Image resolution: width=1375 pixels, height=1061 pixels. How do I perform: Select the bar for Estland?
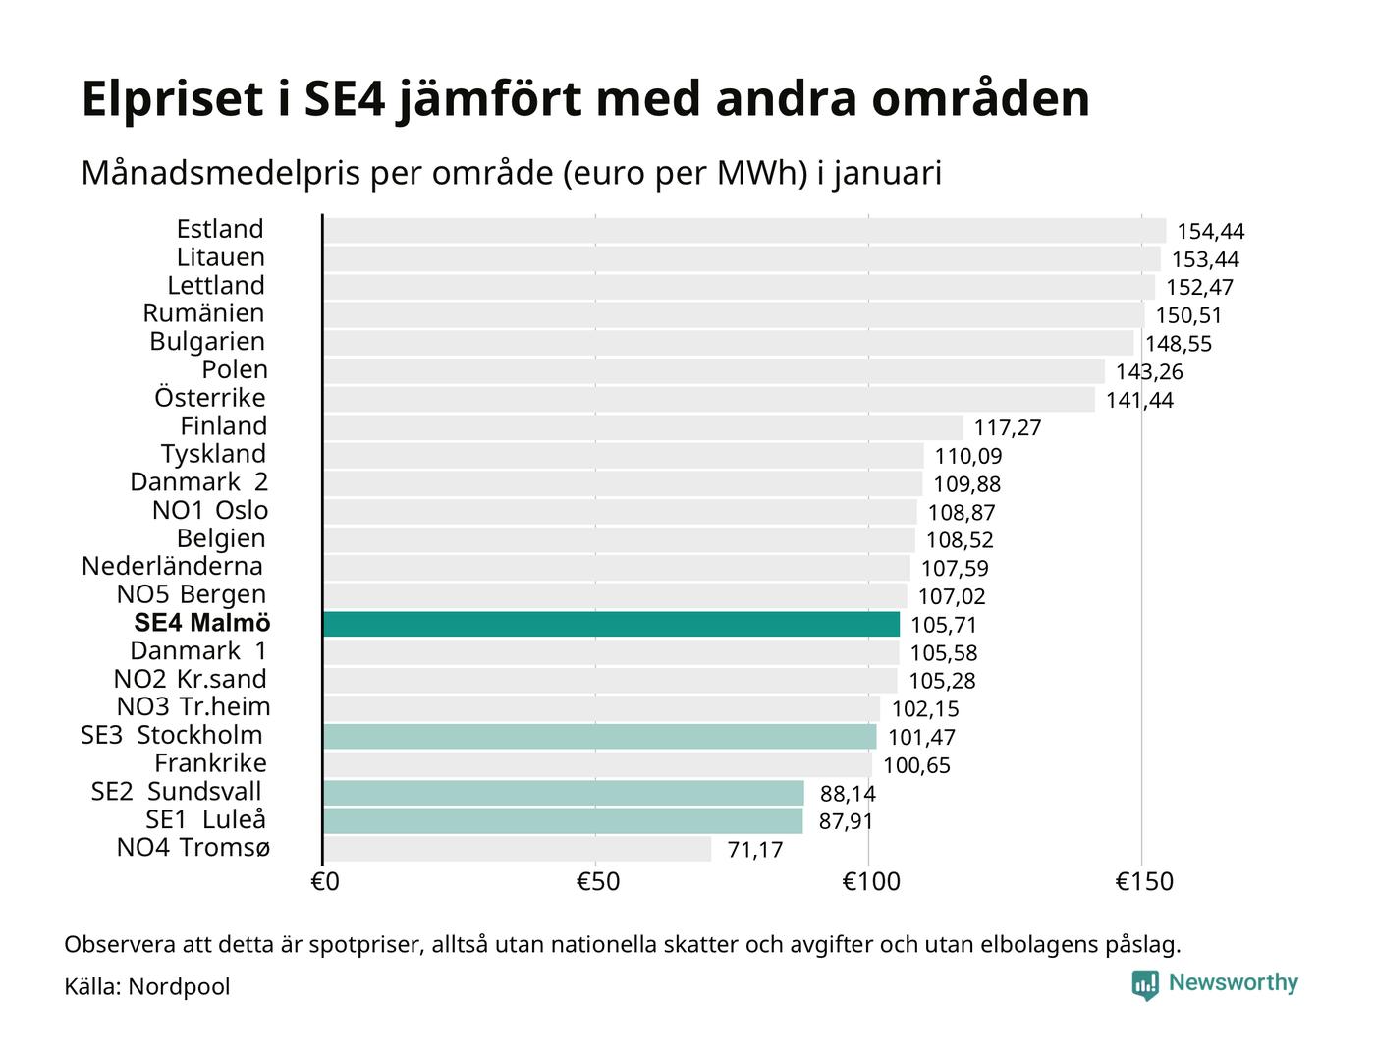[743, 231]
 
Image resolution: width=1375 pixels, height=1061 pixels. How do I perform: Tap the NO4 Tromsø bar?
[517, 849]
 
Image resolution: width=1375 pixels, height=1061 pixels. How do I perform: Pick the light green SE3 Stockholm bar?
[599, 737]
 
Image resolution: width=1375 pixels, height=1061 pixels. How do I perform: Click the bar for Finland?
[642, 427]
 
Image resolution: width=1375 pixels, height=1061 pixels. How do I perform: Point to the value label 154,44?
[1210, 232]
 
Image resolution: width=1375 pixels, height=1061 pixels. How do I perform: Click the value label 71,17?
[754, 850]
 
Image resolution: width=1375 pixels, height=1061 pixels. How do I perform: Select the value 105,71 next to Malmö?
[943, 625]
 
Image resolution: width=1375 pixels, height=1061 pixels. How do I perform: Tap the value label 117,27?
[1007, 428]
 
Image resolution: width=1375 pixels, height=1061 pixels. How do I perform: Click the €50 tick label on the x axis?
[597, 882]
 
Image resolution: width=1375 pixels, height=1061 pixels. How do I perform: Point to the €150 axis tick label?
[1143, 882]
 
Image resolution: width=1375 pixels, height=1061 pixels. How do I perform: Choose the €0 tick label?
[325, 882]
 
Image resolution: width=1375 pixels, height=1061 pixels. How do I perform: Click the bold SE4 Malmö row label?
[201, 624]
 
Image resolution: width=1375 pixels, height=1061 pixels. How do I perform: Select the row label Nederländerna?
[172, 567]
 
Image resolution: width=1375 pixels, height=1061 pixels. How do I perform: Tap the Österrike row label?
[209, 398]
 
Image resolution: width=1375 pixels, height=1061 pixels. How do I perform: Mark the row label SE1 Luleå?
[205, 820]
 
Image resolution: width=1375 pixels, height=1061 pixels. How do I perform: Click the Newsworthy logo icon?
[1144, 984]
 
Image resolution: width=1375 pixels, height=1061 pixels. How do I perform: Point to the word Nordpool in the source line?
[179, 986]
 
